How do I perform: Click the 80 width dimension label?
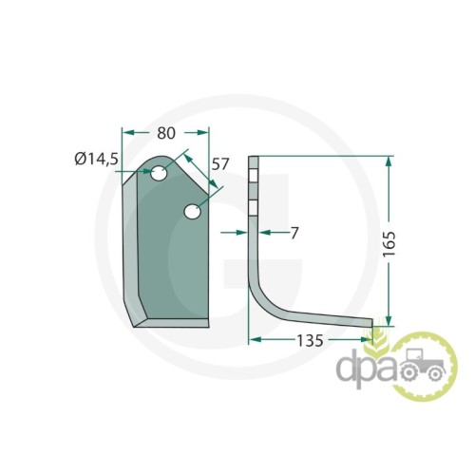[x=166, y=133]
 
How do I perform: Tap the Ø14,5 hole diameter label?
[x=97, y=159]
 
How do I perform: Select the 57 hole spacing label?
[x=219, y=164]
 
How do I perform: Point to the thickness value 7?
[x=294, y=234]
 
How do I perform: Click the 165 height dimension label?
[x=389, y=244]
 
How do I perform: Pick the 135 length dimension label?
[x=310, y=341]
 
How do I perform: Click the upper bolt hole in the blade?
[x=159, y=173]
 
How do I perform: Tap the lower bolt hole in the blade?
[x=192, y=212]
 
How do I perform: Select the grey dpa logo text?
[x=368, y=369]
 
